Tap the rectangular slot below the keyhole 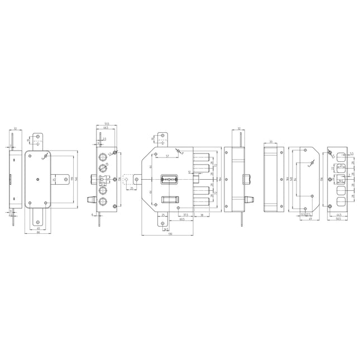[170, 200]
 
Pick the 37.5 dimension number [185, 214]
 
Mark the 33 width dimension [271, 142]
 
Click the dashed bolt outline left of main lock [128, 179]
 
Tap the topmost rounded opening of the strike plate [342, 157]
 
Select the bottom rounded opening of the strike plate [342, 201]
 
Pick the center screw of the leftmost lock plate [38, 179]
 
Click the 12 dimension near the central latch [189, 172]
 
